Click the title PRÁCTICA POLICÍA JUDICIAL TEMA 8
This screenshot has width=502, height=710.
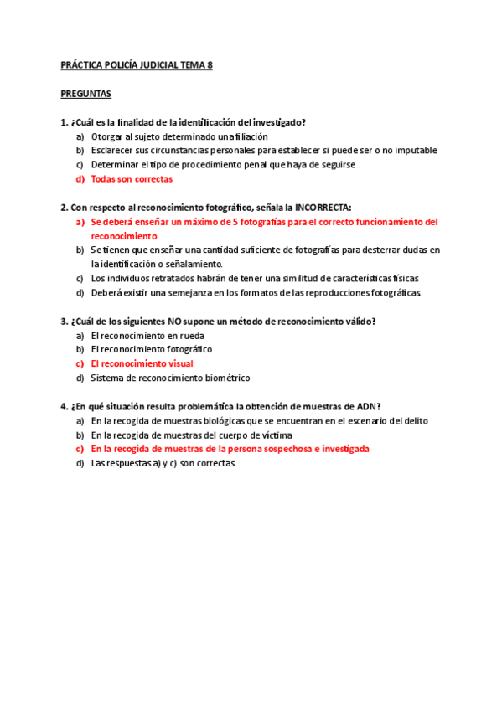coord(137,65)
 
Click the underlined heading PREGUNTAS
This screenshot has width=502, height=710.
coord(86,94)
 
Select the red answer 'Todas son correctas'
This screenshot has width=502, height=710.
coord(132,179)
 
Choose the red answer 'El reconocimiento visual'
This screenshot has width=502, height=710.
coord(142,363)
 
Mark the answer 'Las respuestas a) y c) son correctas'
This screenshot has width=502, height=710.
coord(163,463)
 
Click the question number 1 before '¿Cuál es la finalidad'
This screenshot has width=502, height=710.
coord(64,122)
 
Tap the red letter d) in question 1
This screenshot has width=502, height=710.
coord(80,179)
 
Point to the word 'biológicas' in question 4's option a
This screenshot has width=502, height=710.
coord(217,420)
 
